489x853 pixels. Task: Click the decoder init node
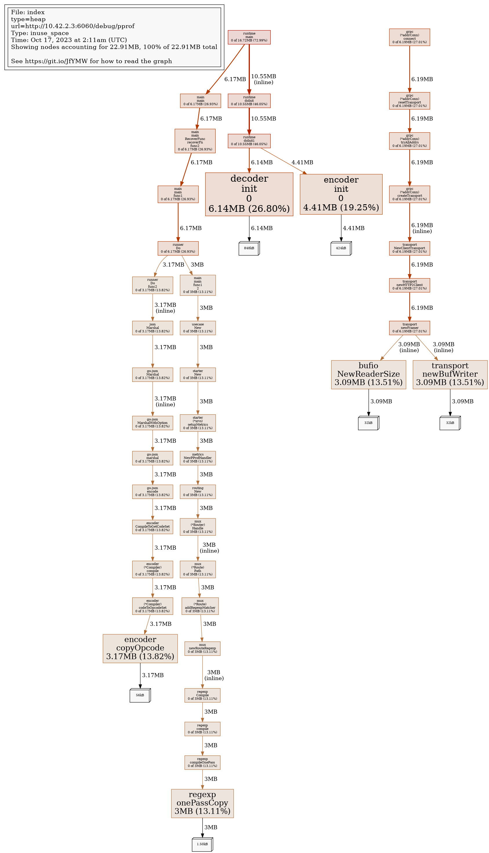[x=249, y=194]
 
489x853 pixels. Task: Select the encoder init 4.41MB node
[x=341, y=194]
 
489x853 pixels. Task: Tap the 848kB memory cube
[x=249, y=248]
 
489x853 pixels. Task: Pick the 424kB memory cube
[x=341, y=248]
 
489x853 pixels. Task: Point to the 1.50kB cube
[x=202, y=844]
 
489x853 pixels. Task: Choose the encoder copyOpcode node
[x=140, y=648]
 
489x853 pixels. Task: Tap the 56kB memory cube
[x=140, y=695]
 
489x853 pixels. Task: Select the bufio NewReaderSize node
[x=368, y=374]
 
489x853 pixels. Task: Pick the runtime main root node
[x=249, y=37]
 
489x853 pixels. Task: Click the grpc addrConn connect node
[x=409, y=37]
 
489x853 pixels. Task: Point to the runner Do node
[x=178, y=248]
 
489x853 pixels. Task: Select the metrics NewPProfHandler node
[x=197, y=458]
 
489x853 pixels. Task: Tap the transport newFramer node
[x=409, y=328]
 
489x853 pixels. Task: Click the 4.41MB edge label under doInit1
[x=302, y=163]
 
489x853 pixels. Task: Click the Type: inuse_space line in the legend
[x=40, y=33]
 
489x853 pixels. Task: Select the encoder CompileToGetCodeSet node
[x=152, y=527]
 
